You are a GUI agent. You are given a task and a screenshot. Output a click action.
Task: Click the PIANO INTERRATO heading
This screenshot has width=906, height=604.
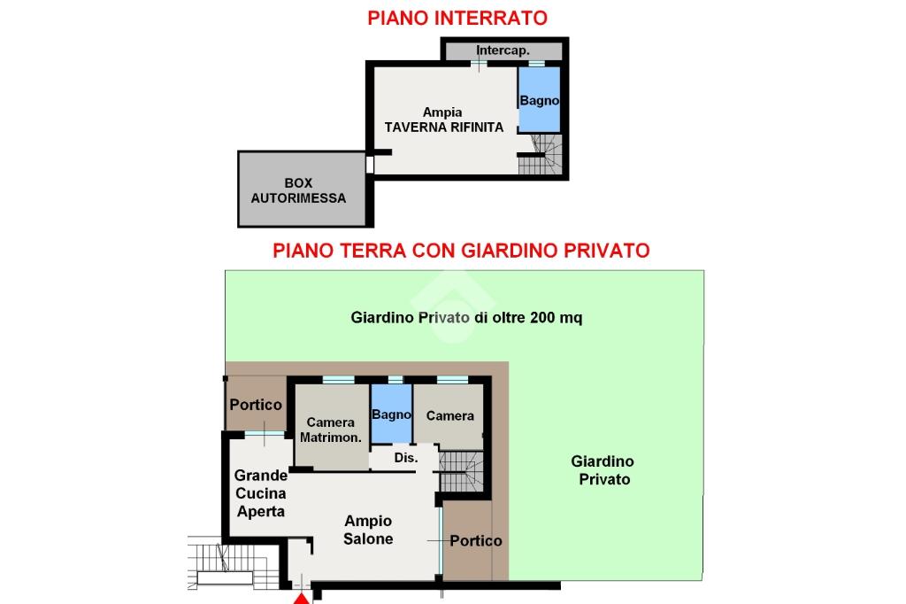[457, 18]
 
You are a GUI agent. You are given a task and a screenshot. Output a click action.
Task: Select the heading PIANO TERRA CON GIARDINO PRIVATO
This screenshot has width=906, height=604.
[461, 251]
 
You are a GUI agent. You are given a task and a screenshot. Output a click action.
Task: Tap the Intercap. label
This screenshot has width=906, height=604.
[503, 50]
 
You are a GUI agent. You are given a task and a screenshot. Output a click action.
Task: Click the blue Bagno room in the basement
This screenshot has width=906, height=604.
[539, 99]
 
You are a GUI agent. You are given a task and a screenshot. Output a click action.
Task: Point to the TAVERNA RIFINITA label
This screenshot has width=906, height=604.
[444, 128]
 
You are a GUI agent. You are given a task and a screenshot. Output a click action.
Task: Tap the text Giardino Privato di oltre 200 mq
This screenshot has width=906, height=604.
[466, 318]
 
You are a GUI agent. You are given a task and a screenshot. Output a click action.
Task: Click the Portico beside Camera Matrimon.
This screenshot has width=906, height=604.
[256, 403]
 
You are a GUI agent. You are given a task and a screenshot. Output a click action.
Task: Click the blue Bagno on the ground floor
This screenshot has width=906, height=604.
[391, 414]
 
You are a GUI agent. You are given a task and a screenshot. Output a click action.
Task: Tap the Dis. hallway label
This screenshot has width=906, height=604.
[405, 458]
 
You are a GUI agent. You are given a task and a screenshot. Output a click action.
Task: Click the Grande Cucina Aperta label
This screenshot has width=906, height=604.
[261, 493]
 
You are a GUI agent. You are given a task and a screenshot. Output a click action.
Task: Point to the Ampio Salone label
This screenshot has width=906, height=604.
[368, 530]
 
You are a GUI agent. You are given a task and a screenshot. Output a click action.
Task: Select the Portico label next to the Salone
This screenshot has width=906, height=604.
[475, 541]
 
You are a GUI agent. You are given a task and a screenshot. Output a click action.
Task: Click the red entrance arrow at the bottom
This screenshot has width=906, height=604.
[302, 598]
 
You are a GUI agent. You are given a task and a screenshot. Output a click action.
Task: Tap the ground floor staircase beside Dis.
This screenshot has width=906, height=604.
[461, 471]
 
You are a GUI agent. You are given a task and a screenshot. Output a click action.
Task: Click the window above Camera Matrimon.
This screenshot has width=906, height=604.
[338, 380]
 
